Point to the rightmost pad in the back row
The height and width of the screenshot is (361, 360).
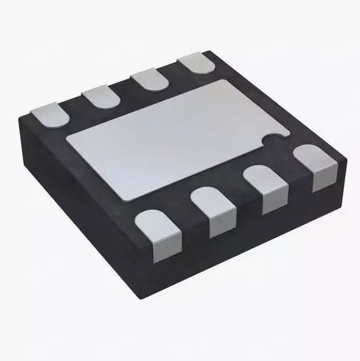click(195, 64)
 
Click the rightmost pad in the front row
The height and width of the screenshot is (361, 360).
click(315, 167)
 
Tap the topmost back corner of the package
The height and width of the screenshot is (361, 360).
click(214, 51)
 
